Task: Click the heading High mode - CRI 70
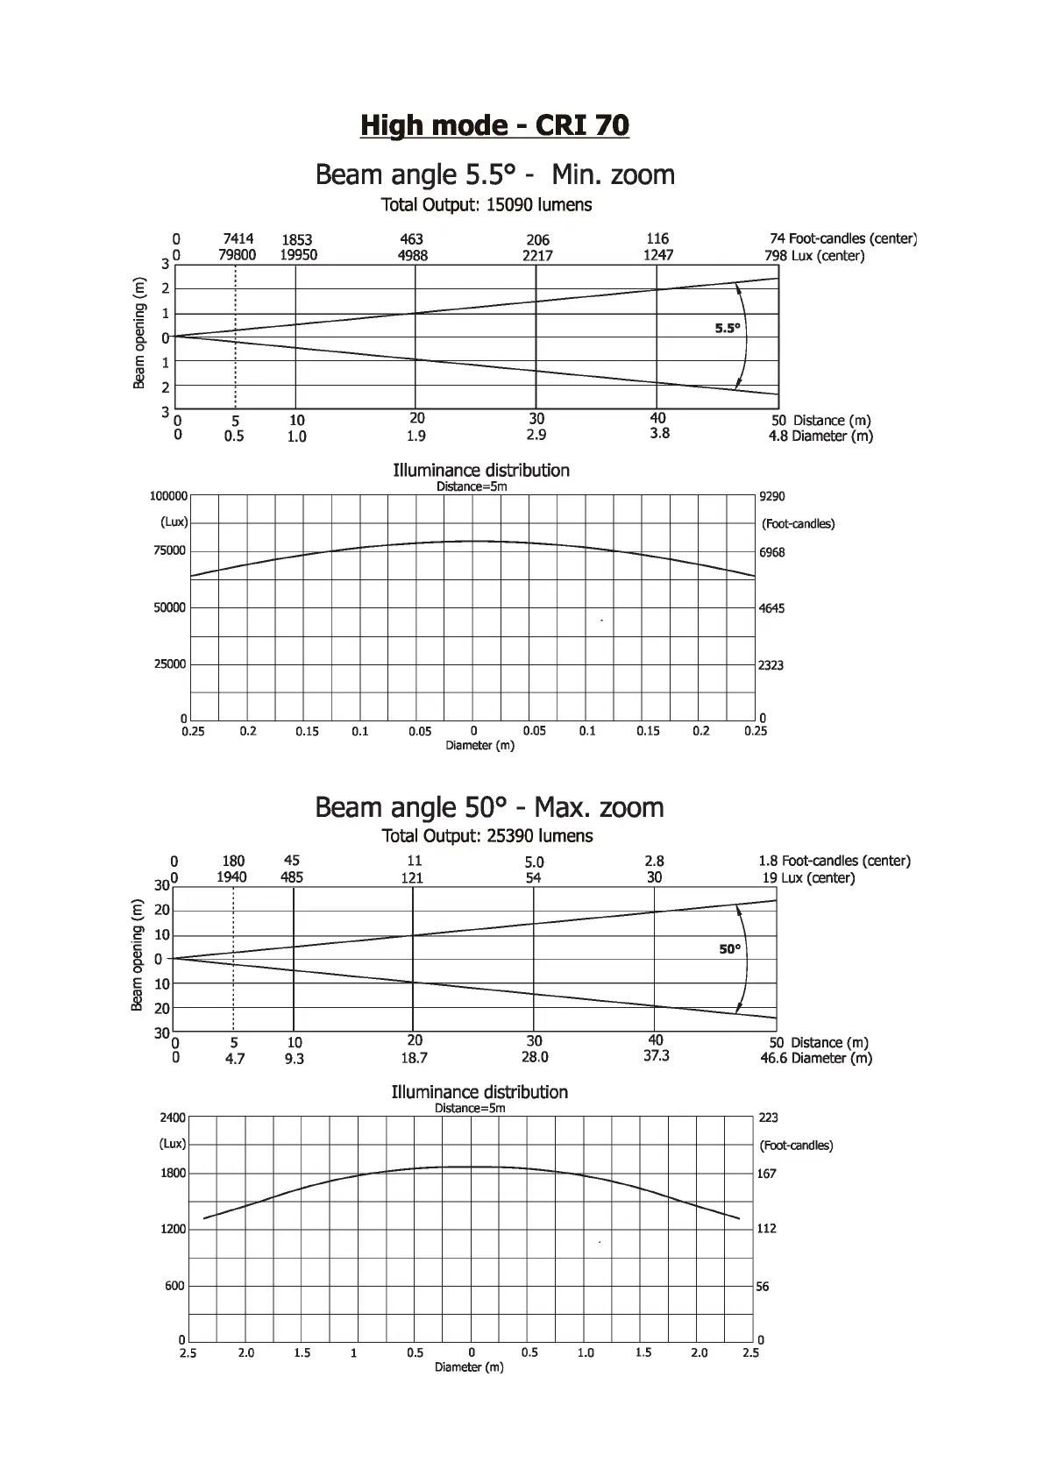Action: pos(494,125)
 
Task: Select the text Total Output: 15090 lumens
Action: pos(486,205)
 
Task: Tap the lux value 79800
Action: pos(238,255)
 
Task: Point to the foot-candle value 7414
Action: pos(238,238)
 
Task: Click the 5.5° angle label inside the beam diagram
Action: pos(728,329)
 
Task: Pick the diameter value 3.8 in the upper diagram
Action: pos(660,433)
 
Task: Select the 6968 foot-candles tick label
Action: pos(771,552)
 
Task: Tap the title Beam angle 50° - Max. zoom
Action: pos(489,806)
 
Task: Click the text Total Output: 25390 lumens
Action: pos(487,836)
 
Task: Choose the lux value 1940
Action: pos(232,877)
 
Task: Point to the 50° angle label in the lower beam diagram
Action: pos(729,949)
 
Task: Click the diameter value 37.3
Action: pos(657,1055)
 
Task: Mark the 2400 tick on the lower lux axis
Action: pos(173,1118)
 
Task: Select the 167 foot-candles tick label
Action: pos(767,1174)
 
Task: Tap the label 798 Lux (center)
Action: pos(814,256)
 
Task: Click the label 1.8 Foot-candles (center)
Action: pos(834,861)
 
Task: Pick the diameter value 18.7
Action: pos(414,1058)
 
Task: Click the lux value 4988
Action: pos(412,256)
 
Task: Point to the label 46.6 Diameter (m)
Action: pos(816,1058)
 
